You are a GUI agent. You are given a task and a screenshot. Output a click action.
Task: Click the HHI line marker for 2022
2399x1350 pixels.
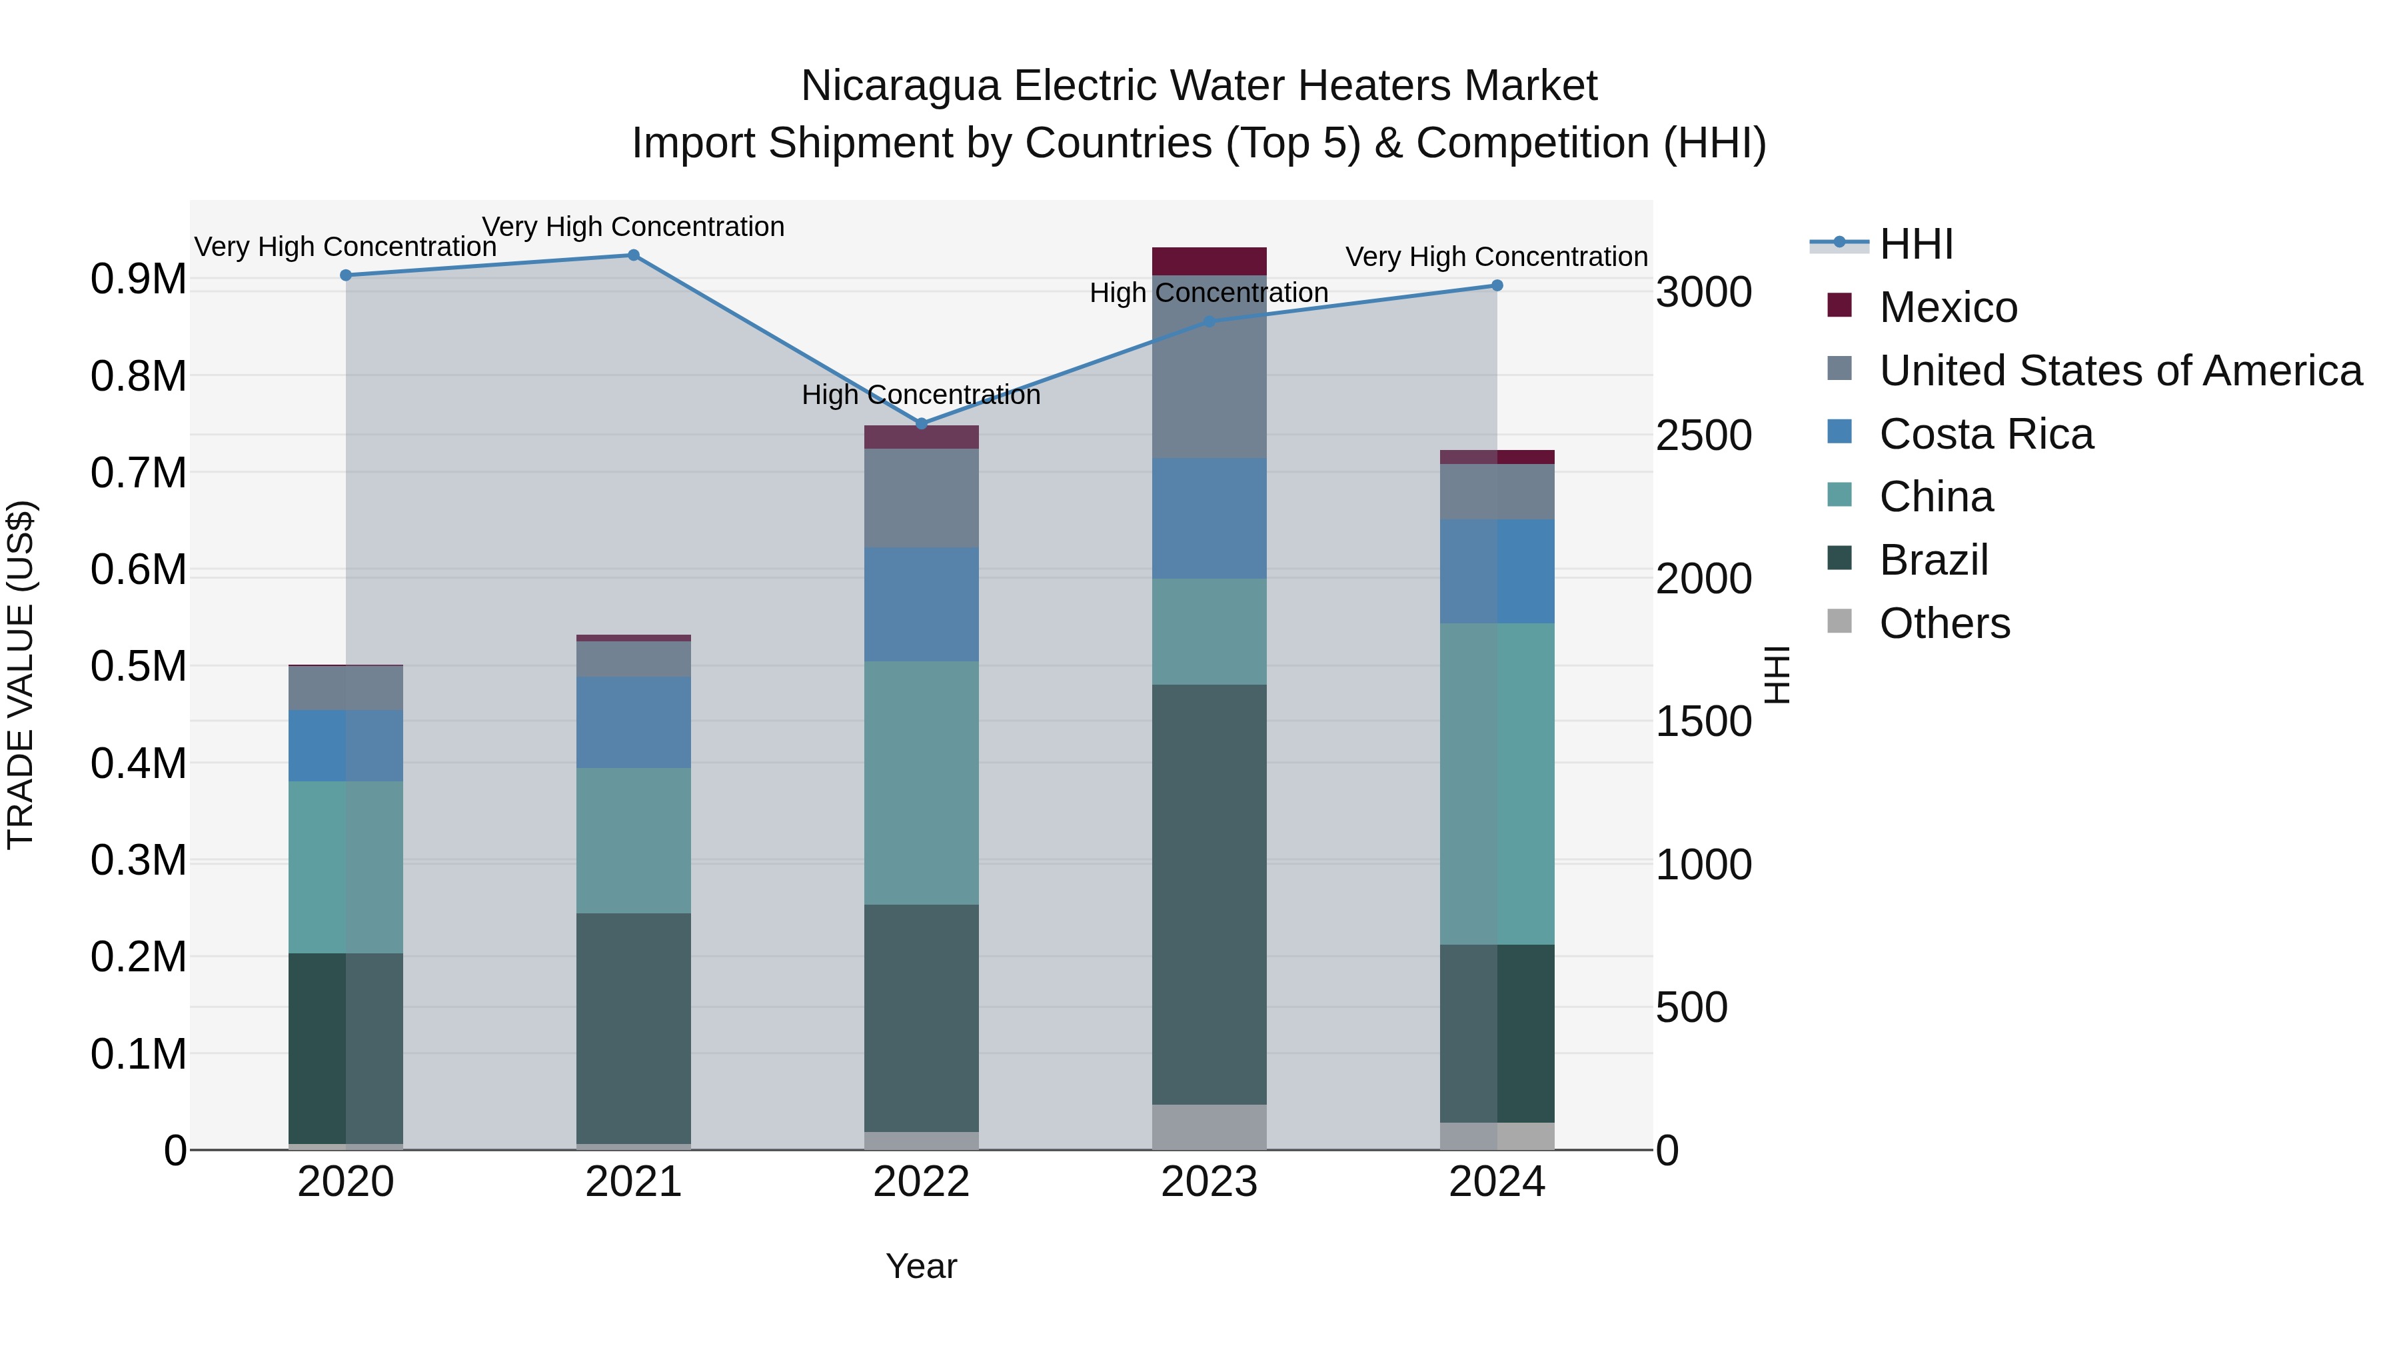tap(921, 424)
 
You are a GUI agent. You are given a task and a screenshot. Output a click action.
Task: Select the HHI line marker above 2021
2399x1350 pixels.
tap(633, 255)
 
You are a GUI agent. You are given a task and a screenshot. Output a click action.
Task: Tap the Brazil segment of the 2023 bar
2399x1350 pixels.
tap(1209, 895)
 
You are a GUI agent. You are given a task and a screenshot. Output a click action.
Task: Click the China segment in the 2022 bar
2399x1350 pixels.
tap(921, 783)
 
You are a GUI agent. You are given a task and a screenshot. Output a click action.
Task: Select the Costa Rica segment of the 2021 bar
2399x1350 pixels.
tap(633, 722)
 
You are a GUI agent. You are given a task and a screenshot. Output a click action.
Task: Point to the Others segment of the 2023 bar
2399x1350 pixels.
tap(1209, 1127)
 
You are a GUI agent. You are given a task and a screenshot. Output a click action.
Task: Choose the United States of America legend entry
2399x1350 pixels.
tap(2120, 371)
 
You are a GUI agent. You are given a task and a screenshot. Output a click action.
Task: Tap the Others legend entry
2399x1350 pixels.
tap(1944, 623)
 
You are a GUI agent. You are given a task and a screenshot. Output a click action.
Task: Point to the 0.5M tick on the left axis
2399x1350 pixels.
tap(139, 667)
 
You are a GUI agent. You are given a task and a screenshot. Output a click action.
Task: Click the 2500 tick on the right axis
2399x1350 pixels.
tap(1703, 436)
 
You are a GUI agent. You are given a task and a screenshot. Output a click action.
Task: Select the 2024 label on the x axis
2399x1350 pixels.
tap(1497, 1182)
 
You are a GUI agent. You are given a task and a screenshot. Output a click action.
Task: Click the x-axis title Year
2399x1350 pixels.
tap(921, 1266)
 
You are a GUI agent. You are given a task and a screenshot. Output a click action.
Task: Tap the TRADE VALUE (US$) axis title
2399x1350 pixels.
tap(21, 675)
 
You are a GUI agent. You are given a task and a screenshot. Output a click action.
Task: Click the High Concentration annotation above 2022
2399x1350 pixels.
tap(921, 395)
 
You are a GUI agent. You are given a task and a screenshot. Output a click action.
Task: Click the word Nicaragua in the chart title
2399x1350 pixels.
tap(900, 86)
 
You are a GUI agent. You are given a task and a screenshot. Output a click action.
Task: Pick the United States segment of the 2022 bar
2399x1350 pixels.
tap(921, 499)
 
